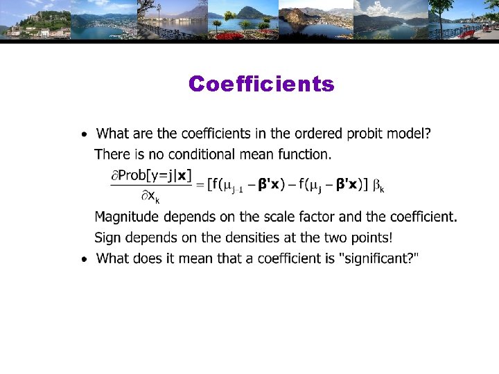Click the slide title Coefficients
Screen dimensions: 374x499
[x=261, y=84]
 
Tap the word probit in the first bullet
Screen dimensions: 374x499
[x=349, y=132]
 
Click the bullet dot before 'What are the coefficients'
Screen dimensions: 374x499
[x=83, y=133]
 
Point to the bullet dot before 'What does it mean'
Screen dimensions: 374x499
[x=83, y=259]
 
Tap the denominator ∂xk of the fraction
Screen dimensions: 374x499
[x=150, y=197]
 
